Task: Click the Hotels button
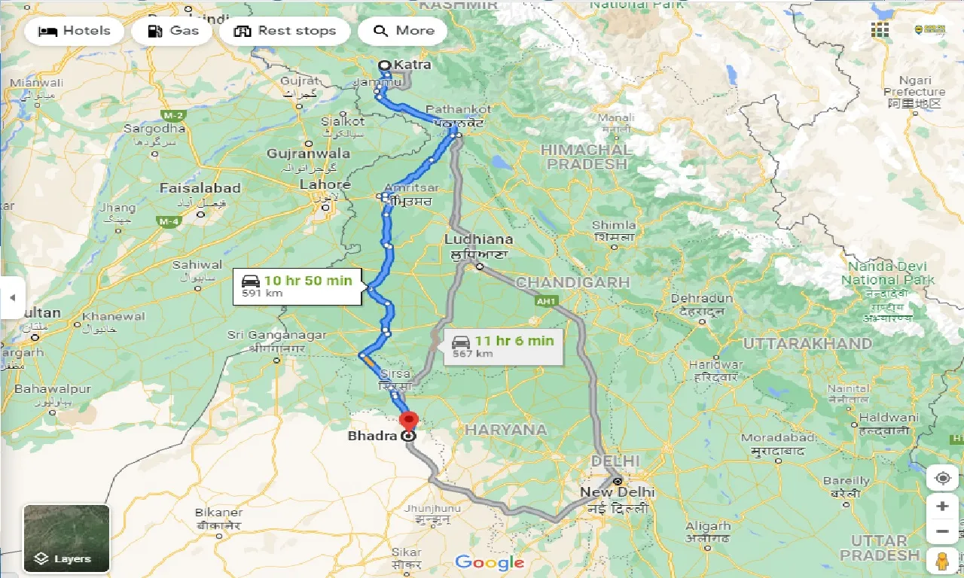pos(74,31)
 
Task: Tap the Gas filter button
pos(173,31)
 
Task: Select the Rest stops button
pos(285,31)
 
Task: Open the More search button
pos(403,31)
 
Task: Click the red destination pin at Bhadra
pos(407,421)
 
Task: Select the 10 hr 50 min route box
pos(294,286)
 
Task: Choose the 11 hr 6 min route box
pos(503,346)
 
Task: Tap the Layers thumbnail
pos(66,537)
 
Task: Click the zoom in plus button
pos(942,506)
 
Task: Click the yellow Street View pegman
pos(942,560)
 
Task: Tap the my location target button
pos(942,478)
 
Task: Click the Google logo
pos(490,562)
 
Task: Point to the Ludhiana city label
pos(478,239)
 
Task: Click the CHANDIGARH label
pos(572,282)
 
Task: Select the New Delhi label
pos(617,492)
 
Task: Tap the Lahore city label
pos(325,184)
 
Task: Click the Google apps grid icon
pos(880,30)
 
